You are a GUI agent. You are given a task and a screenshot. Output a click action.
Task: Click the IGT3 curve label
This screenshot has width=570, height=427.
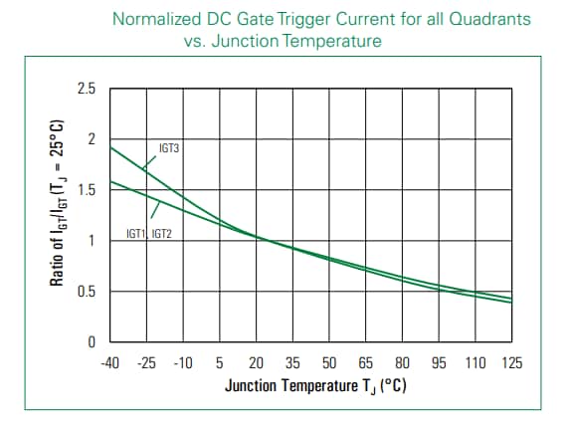169,148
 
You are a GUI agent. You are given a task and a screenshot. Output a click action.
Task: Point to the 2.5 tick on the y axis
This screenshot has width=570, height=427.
86,90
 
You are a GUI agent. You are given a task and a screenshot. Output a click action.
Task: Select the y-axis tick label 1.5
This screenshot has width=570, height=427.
86,191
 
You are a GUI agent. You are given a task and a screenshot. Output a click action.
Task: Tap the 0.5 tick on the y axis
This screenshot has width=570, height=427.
86,293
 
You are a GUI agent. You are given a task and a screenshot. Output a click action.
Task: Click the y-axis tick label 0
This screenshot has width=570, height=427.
91,343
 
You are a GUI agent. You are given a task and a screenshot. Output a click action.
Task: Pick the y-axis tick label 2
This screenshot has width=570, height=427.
91,140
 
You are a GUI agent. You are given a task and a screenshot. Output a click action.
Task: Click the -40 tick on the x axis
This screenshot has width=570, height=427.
109,363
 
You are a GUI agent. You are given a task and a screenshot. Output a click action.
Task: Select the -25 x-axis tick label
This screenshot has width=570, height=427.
146,363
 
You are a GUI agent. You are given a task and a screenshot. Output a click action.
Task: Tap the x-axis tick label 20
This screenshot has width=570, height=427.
257,363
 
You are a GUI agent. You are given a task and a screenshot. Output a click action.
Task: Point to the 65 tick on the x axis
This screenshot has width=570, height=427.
366,363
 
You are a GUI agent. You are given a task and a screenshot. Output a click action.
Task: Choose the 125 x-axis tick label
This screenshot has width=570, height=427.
512,363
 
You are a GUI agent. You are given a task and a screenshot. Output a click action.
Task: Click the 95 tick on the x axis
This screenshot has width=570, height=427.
439,363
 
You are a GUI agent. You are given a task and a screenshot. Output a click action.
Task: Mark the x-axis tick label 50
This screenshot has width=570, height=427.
329,363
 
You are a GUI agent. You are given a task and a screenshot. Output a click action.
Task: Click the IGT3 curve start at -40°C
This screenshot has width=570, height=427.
110,147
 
